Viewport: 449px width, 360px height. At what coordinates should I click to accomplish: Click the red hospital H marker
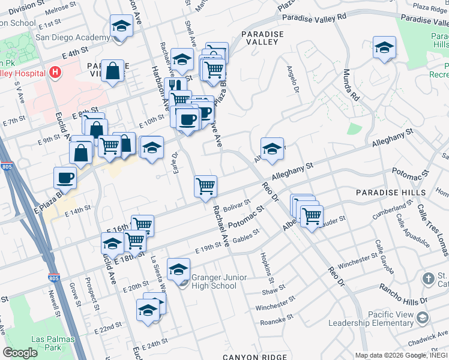55,73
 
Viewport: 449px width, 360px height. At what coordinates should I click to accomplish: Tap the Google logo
20,353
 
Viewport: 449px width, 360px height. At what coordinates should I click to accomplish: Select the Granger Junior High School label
214,281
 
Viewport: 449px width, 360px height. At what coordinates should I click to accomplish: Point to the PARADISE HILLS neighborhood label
386,192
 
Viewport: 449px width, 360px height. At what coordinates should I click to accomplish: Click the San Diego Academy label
73,37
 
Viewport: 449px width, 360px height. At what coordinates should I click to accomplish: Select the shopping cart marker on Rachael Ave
205,185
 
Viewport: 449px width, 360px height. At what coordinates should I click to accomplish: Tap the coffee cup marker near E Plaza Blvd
65,177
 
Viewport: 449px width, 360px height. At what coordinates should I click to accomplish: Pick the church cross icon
427,278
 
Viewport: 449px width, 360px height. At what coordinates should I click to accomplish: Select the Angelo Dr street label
294,80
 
